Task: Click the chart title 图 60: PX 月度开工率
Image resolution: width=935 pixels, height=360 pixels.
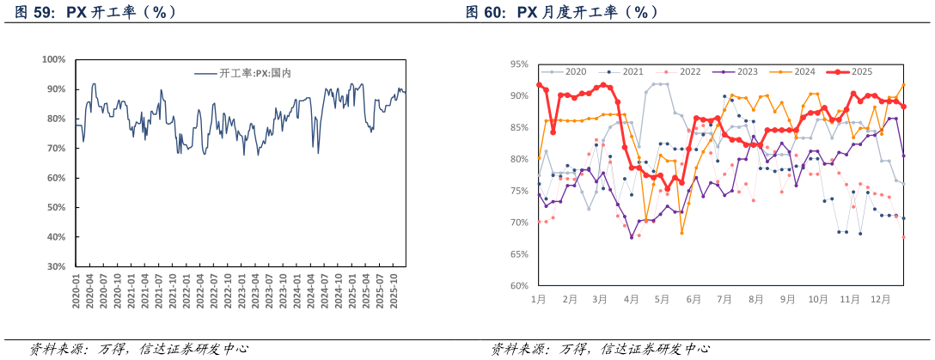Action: [x=563, y=12]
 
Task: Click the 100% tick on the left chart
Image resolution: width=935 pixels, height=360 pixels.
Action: [x=54, y=59]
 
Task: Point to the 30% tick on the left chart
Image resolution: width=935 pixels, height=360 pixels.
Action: [x=57, y=266]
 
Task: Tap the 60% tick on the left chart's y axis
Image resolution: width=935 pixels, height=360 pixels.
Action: [x=57, y=178]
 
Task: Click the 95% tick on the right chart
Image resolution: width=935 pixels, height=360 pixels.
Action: [x=518, y=64]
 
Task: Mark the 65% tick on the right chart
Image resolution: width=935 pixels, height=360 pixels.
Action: [x=518, y=254]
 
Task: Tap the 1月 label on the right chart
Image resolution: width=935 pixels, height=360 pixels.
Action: [x=539, y=300]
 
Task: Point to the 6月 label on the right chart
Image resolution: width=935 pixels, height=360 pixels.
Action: [x=693, y=300]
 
